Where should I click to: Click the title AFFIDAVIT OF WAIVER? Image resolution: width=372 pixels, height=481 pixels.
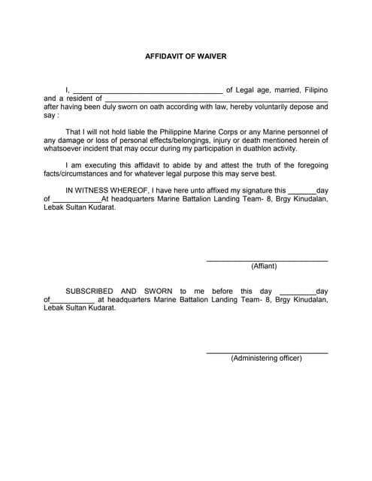(x=186, y=56)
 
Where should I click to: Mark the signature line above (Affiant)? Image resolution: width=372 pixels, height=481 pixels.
(x=267, y=260)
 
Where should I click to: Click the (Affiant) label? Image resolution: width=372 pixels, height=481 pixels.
(x=264, y=267)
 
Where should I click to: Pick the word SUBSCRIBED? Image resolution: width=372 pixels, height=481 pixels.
(x=89, y=291)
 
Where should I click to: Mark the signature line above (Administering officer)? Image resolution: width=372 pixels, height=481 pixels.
(x=267, y=352)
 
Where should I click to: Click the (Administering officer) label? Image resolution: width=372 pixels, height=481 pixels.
(x=266, y=358)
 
